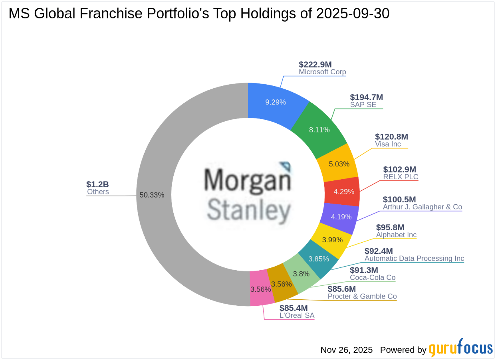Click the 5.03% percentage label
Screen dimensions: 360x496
338,164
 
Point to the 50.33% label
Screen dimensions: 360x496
152,195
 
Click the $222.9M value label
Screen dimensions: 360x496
315,65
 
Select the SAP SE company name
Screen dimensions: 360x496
363,105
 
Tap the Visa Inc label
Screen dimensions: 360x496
388,144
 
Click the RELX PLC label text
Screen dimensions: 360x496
401,177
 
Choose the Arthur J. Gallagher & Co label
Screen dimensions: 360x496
422,207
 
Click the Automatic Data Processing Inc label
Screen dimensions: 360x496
414,258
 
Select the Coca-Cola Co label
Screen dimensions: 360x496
373,277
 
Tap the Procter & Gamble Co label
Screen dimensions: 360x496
362,296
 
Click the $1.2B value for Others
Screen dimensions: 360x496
97,184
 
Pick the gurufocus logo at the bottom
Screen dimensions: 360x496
461,348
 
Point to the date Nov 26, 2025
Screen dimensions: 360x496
346,350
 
